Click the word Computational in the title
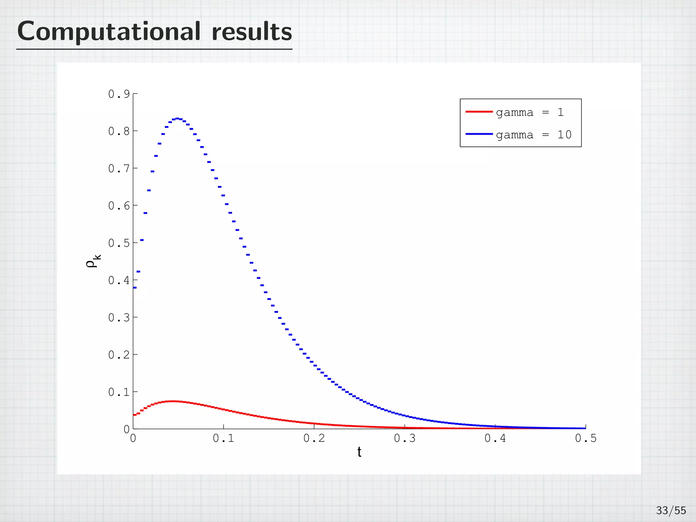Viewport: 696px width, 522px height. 109,32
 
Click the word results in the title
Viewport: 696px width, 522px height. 251,32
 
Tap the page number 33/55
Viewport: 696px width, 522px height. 671,510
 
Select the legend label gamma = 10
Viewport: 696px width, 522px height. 534,135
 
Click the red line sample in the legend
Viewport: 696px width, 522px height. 479,111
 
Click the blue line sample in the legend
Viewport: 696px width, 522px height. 479,134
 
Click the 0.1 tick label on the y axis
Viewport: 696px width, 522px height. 119,392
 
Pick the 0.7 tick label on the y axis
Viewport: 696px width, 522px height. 119,168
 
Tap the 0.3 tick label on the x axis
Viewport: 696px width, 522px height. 404,438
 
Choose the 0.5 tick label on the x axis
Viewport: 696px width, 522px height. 586,438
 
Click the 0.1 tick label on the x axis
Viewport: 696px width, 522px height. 223,438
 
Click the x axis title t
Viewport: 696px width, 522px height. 359,452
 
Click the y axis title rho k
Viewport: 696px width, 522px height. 93,261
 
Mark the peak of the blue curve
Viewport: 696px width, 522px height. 177,119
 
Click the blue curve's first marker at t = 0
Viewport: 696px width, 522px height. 135,288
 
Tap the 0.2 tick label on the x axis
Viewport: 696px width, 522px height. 314,438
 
